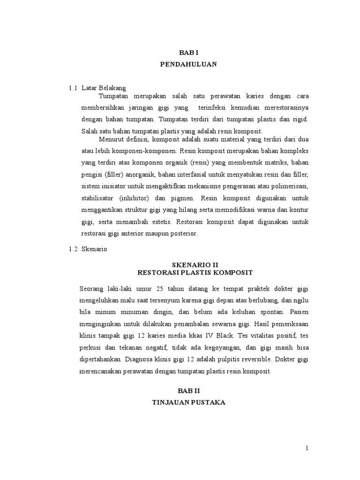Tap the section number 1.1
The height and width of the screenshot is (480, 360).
click(x=73, y=88)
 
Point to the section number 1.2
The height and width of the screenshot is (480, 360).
click(x=73, y=249)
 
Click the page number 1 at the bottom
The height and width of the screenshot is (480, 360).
click(x=307, y=448)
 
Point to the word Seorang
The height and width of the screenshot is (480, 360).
click(x=93, y=288)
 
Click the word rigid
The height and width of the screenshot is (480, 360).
click(x=300, y=119)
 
